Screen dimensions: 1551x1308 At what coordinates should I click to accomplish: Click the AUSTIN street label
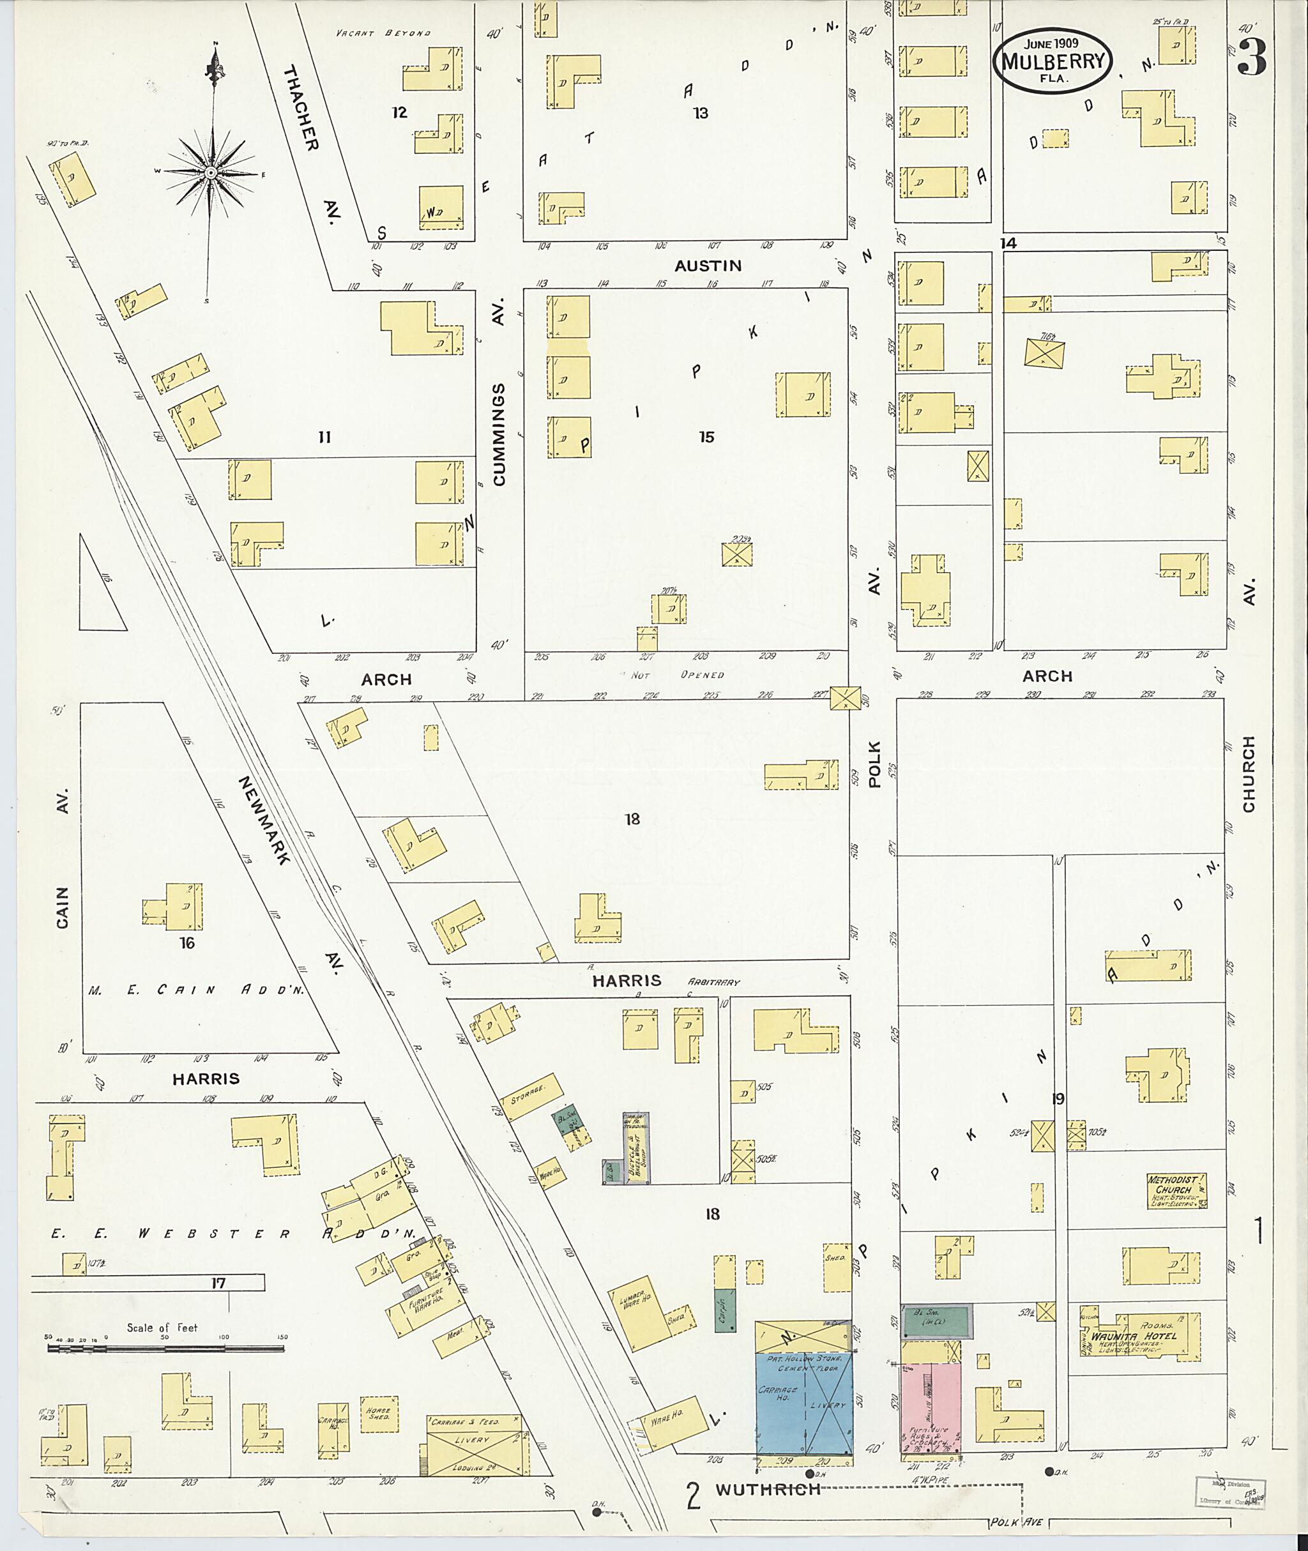pyautogui.click(x=708, y=266)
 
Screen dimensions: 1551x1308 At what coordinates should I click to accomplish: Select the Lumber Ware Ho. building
pyautogui.click(x=640, y=1312)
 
